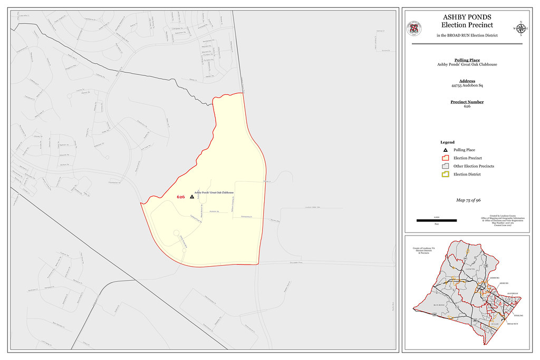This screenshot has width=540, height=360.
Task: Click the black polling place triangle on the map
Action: click(x=191, y=196)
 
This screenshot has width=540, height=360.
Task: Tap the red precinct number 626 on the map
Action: click(x=181, y=197)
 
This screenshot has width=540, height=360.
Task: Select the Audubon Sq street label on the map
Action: click(x=214, y=212)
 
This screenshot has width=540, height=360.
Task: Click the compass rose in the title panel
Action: click(x=520, y=28)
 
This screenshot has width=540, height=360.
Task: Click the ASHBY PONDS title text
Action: click(x=467, y=17)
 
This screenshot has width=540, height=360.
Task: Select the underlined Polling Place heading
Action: click(x=467, y=60)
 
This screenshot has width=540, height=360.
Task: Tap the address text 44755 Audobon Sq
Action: click(x=467, y=85)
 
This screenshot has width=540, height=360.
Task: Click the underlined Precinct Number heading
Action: click(x=467, y=102)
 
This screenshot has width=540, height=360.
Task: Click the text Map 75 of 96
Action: click(x=468, y=200)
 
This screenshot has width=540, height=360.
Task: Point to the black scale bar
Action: click(x=436, y=220)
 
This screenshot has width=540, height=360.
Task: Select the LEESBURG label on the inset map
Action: click(x=494, y=277)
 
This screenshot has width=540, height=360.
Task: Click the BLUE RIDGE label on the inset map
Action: click(x=439, y=305)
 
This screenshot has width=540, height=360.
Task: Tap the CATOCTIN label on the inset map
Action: click(x=470, y=269)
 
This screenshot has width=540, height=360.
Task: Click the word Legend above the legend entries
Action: click(x=447, y=142)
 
